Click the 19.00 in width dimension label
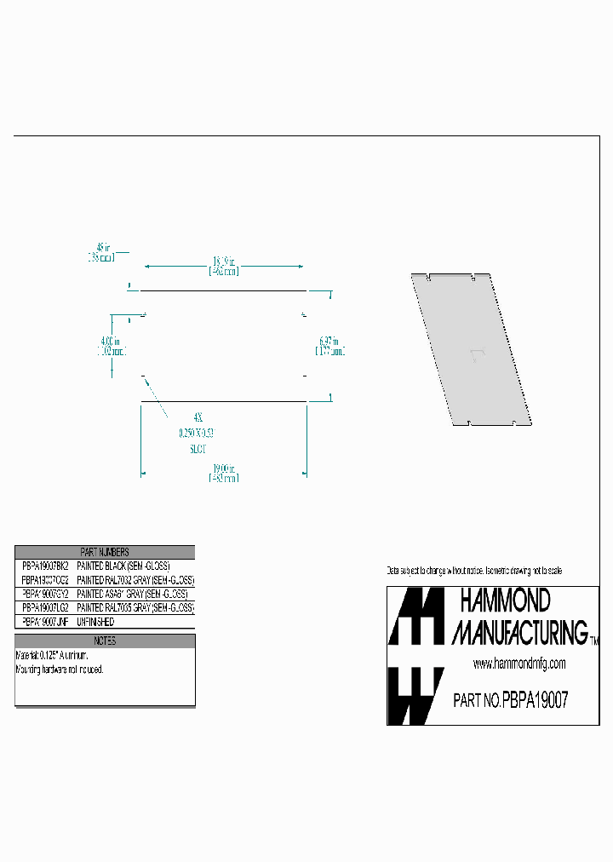pyautogui.click(x=224, y=473)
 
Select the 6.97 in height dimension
pyautogui.click(x=330, y=345)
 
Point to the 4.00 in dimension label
pyautogui.click(x=111, y=345)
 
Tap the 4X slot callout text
pyautogui.click(x=198, y=417)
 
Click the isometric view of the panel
pyautogui.click(x=472, y=349)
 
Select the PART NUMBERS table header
pyautogui.click(x=105, y=552)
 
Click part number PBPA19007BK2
pyautogui.click(x=45, y=566)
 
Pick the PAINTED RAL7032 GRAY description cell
pyautogui.click(x=135, y=580)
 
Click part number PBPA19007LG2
pyautogui.click(x=45, y=608)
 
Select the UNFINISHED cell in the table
pyautogui.click(x=95, y=623)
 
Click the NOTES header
pyautogui.click(x=105, y=641)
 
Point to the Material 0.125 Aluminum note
pyautogui.click(x=53, y=656)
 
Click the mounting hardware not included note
pyautogui.click(x=60, y=669)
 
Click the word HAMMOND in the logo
pyautogui.click(x=505, y=601)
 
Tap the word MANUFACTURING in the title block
pyautogui.click(x=519, y=632)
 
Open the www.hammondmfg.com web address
pyautogui.click(x=519, y=664)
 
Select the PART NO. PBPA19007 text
pyautogui.click(x=510, y=700)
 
